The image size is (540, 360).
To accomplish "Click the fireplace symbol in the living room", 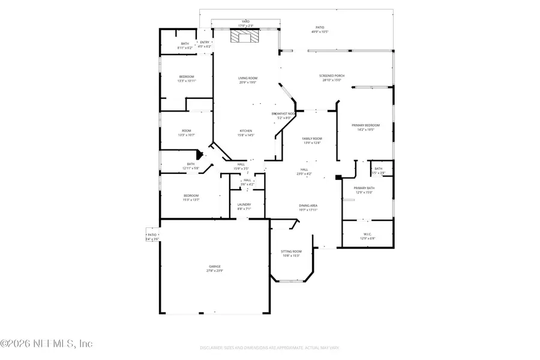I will tap(244, 37).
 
